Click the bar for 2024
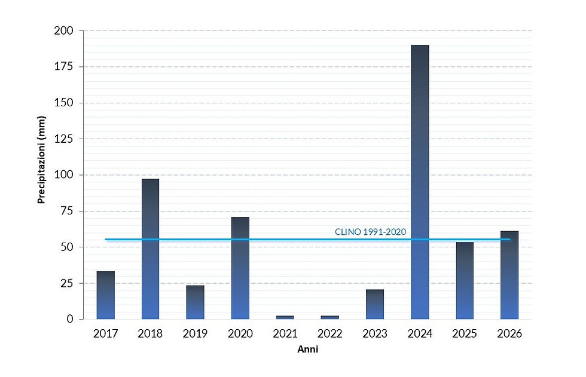click(x=420, y=182)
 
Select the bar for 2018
click(x=150, y=249)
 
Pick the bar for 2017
click(x=105, y=295)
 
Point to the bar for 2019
click(x=195, y=302)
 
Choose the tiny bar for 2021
click(x=285, y=317)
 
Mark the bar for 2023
click(x=375, y=304)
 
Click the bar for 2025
click(x=465, y=280)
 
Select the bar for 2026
click(x=509, y=275)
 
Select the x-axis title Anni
click(x=307, y=350)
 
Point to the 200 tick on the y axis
click(x=64, y=30)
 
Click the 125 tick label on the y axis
click(x=64, y=139)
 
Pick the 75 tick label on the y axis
click(x=66, y=211)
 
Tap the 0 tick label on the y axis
click(x=70, y=319)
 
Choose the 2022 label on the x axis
click(x=329, y=334)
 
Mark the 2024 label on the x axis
click(x=420, y=334)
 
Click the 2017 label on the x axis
click(x=105, y=334)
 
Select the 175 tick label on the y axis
click(x=64, y=66)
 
